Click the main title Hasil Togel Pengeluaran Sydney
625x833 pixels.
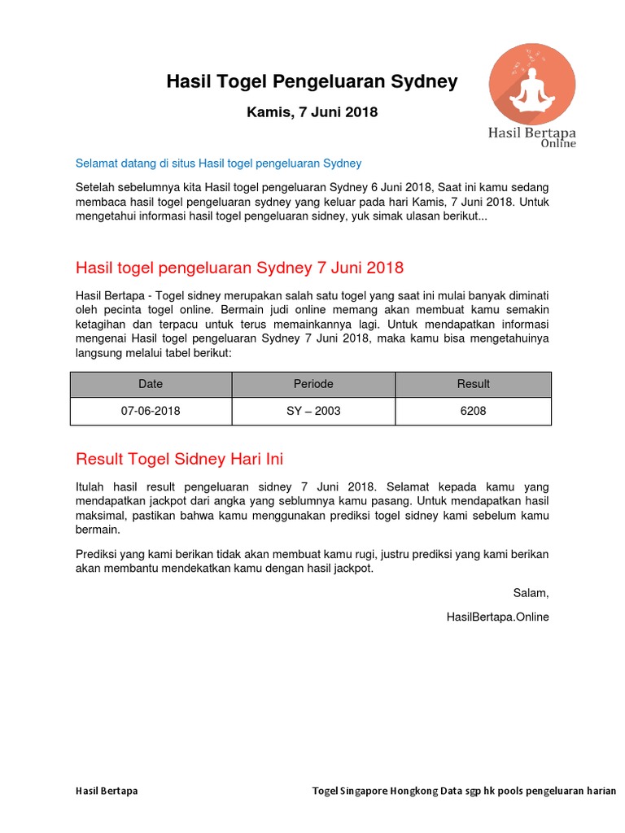pyautogui.click(x=312, y=82)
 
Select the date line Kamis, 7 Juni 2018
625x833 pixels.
pyautogui.click(x=312, y=112)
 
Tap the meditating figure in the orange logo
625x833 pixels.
pyautogui.click(x=531, y=86)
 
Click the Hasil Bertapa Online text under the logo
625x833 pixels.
pyautogui.click(x=532, y=136)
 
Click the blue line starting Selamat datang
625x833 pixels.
pyautogui.click(x=218, y=164)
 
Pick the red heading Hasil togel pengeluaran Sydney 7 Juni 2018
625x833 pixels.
pyautogui.click(x=239, y=268)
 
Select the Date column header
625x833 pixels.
pyautogui.click(x=151, y=384)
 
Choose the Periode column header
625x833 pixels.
pyautogui.click(x=313, y=384)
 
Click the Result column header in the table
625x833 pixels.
pyautogui.click(x=473, y=384)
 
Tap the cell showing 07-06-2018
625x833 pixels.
pyautogui.click(x=151, y=411)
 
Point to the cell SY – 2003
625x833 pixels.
pyautogui.click(x=313, y=411)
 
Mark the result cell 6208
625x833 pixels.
pyautogui.click(x=473, y=411)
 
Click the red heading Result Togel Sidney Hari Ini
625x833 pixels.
pyautogui.click(x=179, y=459)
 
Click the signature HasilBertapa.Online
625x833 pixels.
pyautogui.click(x=497, y=617)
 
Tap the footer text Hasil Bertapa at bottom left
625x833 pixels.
pyautogui.click(x=107, y=791)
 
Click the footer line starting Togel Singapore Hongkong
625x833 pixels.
pyautogui.click(x=464, y=791)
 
